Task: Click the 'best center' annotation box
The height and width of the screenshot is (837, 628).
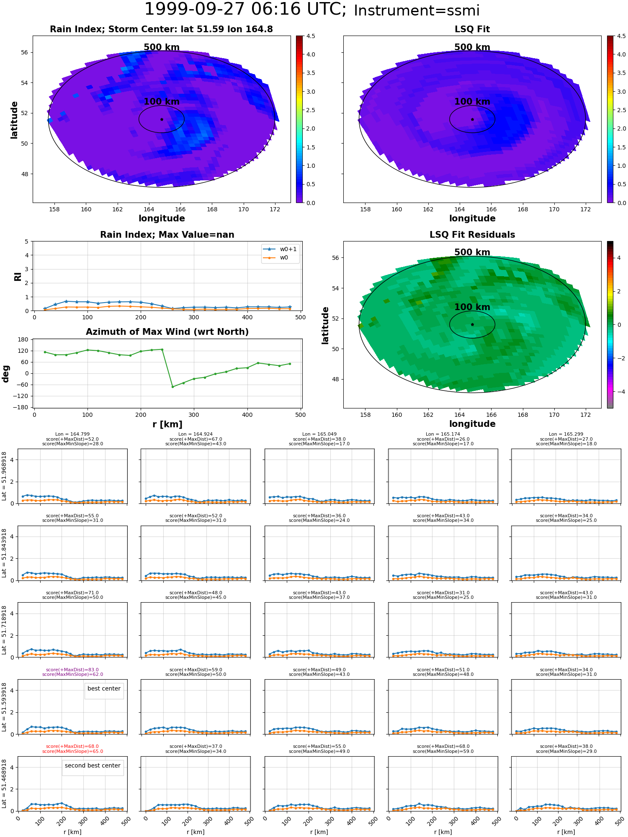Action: pos(104,689)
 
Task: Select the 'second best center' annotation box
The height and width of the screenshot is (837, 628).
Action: pos(93,766)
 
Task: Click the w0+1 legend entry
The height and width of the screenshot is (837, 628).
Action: pos(280,249)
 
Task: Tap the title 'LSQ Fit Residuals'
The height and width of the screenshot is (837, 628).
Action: pos(472,235)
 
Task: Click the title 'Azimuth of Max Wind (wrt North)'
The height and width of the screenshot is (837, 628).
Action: pos(167,332)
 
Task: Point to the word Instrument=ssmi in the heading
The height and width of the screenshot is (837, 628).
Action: pos(417,11)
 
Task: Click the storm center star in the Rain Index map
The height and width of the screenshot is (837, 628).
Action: pos(162,119)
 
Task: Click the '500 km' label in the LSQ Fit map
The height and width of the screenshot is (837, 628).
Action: pos(472,47)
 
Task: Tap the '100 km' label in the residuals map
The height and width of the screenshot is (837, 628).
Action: pos(472,307)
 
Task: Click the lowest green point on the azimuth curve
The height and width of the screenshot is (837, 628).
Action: pos(172,387)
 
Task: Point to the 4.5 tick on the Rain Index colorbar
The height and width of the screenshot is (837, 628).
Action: pos(310,36)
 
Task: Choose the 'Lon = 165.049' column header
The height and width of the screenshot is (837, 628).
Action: pos(319,434)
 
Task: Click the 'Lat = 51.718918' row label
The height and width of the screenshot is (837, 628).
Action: pos(4,630)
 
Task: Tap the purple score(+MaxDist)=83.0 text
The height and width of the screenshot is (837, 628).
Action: pos(72,670)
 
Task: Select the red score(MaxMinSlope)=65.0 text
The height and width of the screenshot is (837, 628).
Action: pos(72,752)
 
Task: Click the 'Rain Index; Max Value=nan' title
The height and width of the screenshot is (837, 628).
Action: pos(167,235)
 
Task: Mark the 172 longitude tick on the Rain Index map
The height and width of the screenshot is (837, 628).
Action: pos(275,209)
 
